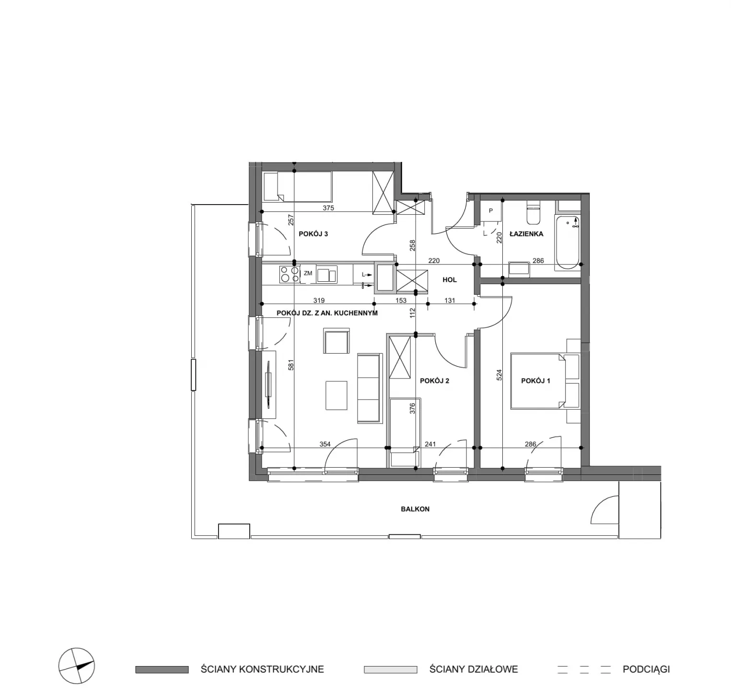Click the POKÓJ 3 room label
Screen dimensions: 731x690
click(x=313, y=234)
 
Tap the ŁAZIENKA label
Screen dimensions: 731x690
click(x=526, y=234)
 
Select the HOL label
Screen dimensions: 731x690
click(x=450, y=280)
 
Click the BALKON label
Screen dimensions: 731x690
click(x=415, y=509)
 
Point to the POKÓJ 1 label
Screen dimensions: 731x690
click(x=535, y=381)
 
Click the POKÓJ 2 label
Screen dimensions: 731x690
click(x=434, y=381)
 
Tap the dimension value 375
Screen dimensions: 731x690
click(x=328, y=208)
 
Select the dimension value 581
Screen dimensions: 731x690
click(x=290, y=365)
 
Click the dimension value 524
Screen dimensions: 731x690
click(x=499, y=375)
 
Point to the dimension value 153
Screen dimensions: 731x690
click(x=401, y=300)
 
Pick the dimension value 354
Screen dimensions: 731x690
click(x=325, y=444)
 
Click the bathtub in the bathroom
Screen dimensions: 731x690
click(x=568, y=242)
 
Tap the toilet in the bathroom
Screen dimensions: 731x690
click(x=533, y=213)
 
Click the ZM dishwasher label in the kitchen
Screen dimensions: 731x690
click(x=308, y=273)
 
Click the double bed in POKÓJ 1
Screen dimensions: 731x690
click(x=545, y=381)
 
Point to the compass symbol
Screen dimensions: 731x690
click(x=77, y=666)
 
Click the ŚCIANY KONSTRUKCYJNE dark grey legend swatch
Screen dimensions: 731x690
click(x=162, y=669)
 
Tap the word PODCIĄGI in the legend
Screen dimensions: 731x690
click(x=646, y=669)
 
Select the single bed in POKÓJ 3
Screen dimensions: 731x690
click(x=297, y=186)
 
